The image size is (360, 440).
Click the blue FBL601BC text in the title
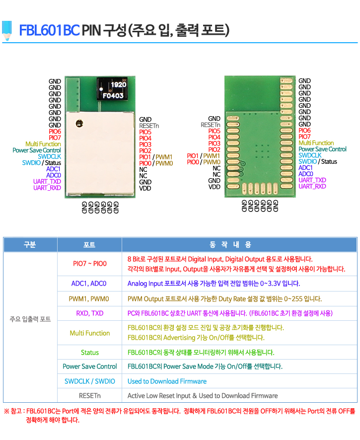click(49, 30)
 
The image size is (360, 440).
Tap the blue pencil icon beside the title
click(7, 30)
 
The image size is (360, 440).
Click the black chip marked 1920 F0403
click(112, 89)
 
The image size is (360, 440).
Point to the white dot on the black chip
click(101, 89)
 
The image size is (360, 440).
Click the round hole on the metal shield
click(79, 123)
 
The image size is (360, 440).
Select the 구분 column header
click(30, 245)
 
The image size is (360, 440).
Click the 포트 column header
click(89, 245)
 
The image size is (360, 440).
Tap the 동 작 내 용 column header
click(230, 245)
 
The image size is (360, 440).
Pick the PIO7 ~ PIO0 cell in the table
click(90, 264)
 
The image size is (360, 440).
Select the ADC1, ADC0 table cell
click(89, 284)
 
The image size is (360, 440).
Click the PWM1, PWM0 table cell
click(89, 299)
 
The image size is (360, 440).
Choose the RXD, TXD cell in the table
click(90, 313)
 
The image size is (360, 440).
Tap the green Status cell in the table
click(90, 353)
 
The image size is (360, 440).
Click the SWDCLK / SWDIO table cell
click(90, 381)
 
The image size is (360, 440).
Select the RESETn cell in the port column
click(90, 396)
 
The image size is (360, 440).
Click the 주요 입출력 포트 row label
click(30, 319)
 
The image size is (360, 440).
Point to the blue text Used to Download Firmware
click(167, 381)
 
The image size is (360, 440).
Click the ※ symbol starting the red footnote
click(7, 411)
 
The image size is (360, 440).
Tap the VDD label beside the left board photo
click(145, 188)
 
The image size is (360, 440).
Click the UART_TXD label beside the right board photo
click(312, 180)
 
